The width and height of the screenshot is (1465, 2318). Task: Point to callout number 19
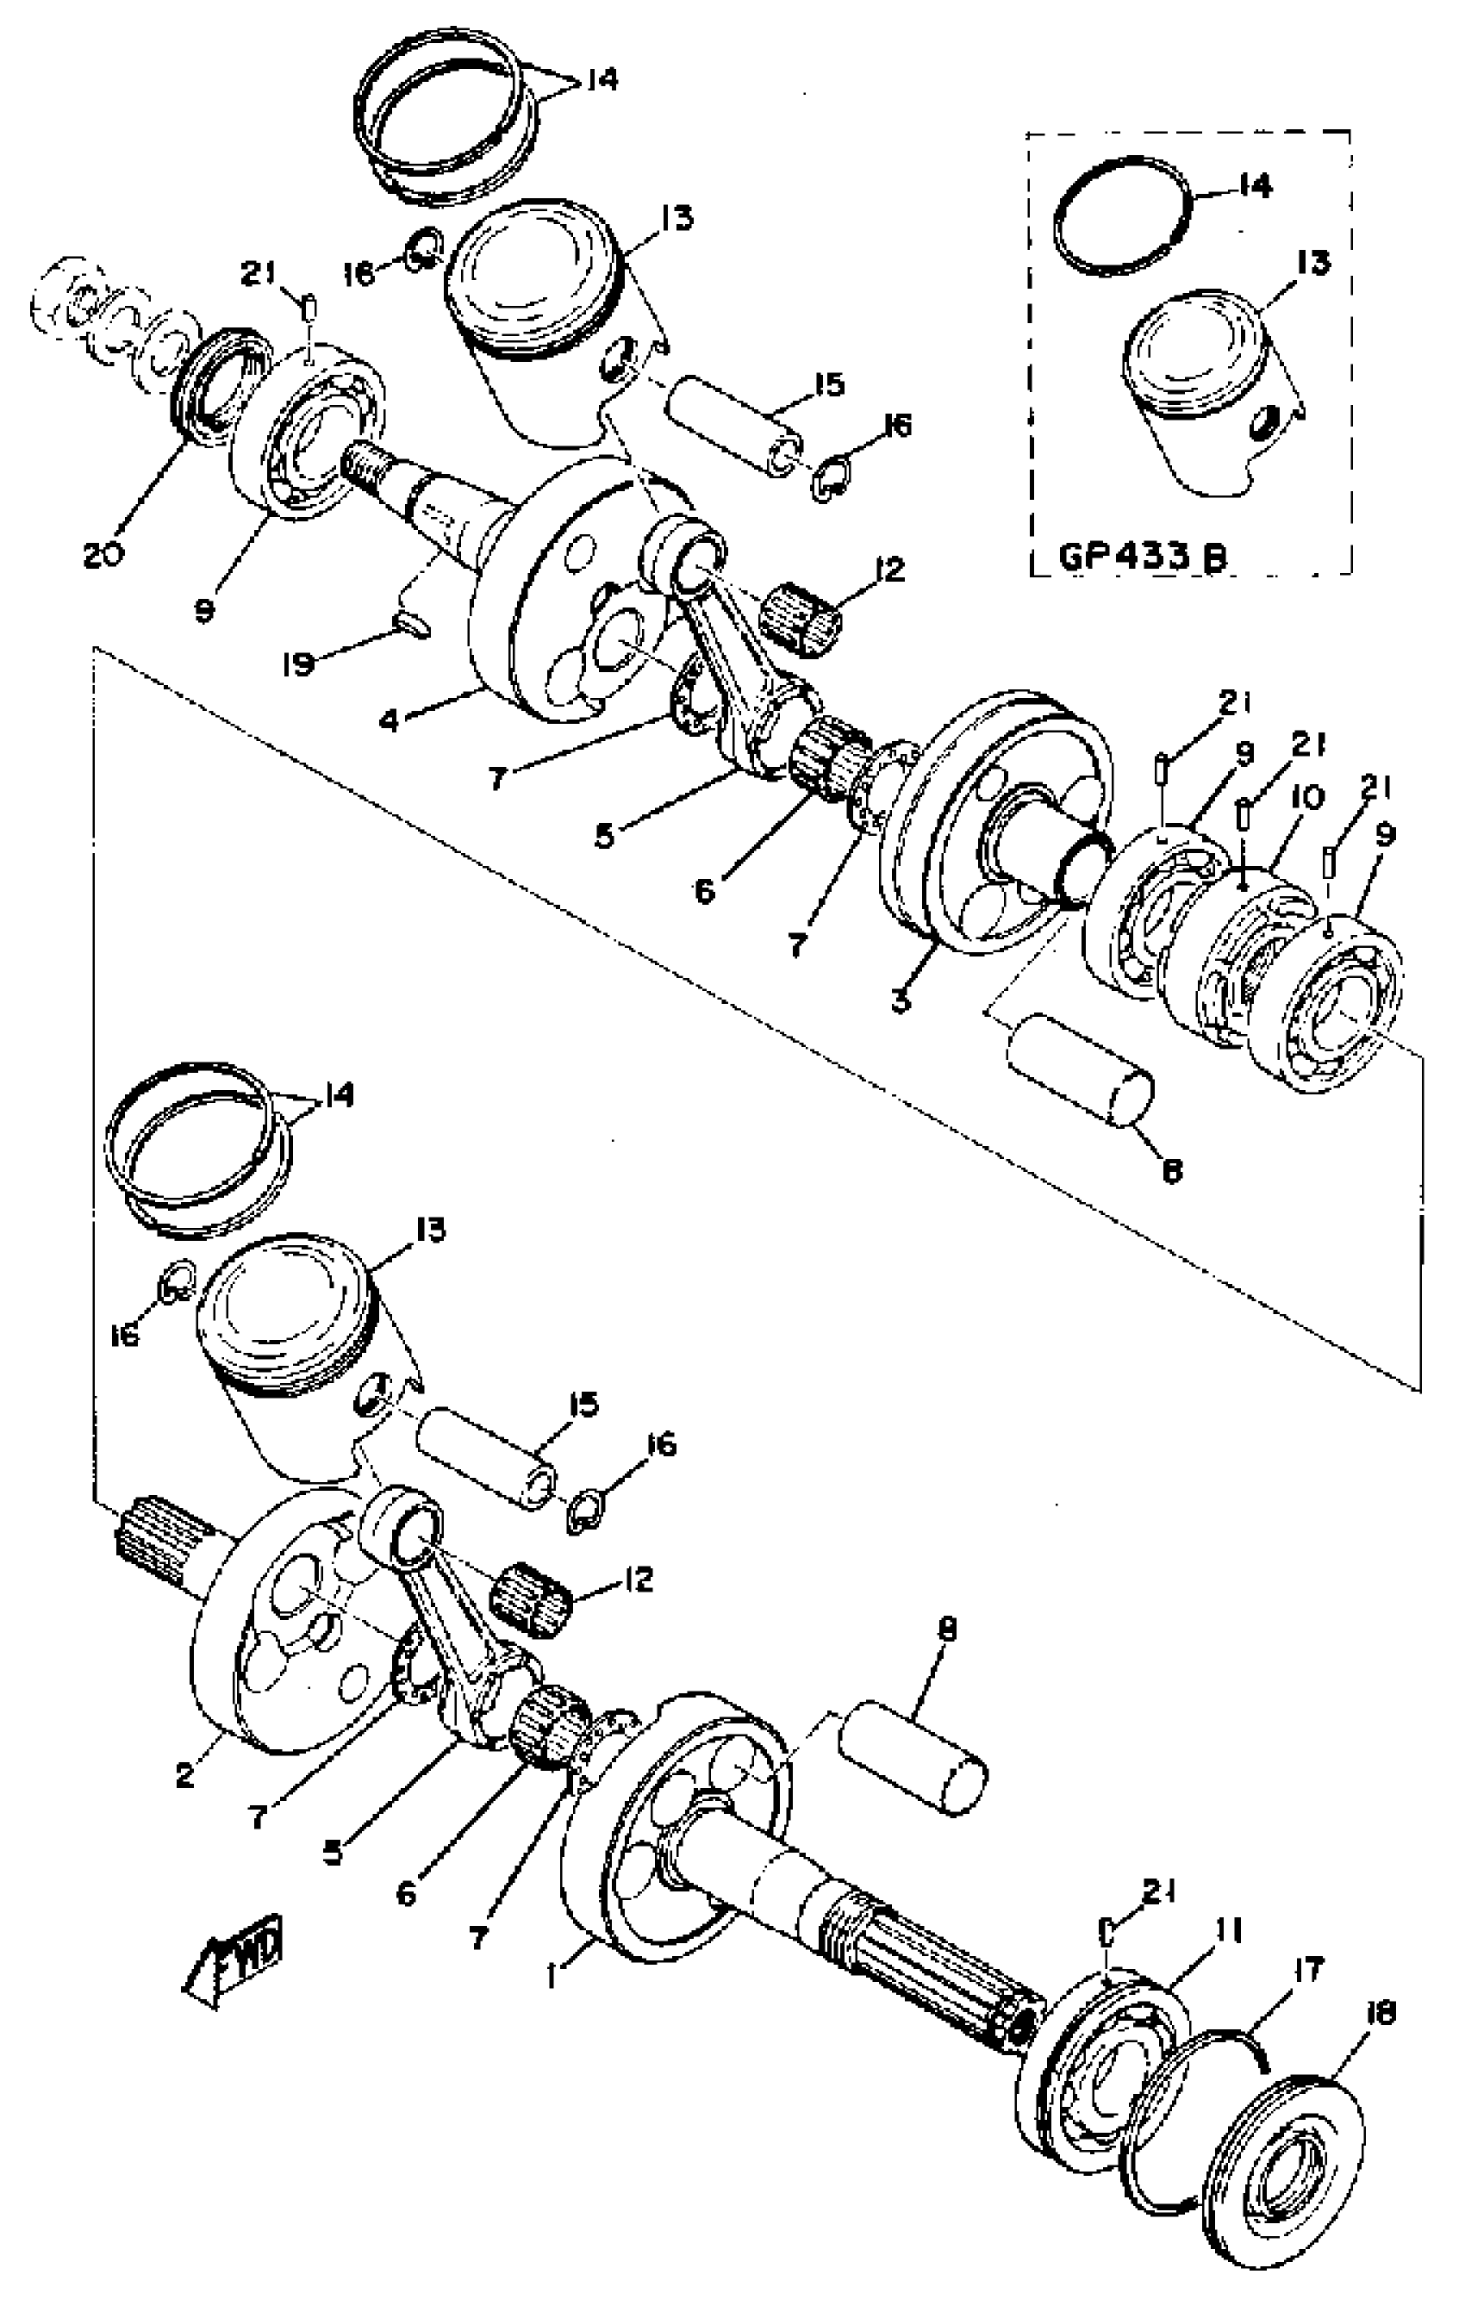click(299, 663)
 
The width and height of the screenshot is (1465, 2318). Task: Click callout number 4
click(389, 719)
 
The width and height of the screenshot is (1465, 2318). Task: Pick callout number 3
click(900, 1000)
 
